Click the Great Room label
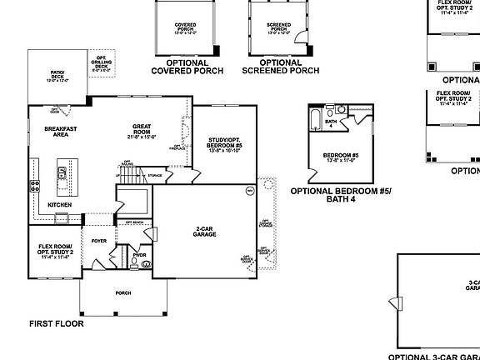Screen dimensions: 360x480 point(140,130)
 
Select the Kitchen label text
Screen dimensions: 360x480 point(58,204)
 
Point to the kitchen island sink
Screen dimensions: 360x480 point(62,174)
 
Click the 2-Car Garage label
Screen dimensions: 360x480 point(205,232)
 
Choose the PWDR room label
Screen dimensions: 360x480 point(139,255)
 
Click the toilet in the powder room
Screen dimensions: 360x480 point(147,263)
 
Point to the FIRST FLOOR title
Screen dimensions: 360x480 point(57,323)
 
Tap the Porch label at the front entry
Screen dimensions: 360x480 point(122,292)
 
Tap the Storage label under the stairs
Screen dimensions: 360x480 point(154,176)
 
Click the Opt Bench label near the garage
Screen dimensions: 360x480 point(133,222)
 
